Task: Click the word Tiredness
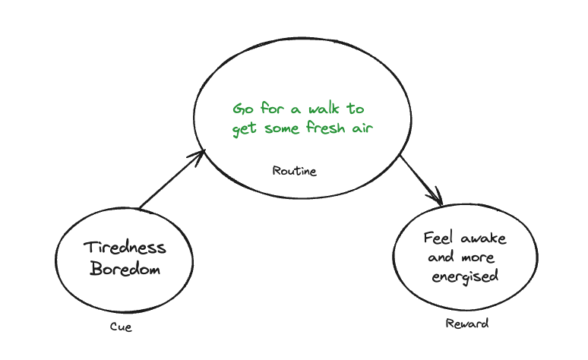[x=125, y=248]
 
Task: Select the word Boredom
[x=125, y=269]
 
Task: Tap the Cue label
[x=121, y=327]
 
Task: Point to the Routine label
[x=294, y=171]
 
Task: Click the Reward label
[x=466, y=324]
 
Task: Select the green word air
[x=362, y=128]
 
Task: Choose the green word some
[x=281, y=128]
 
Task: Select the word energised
[x=465, y=276]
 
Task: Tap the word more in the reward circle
[x=477, y=257]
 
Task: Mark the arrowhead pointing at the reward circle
[x=436, y=199]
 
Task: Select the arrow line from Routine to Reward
[x=418, y=178]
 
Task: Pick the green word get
[x=245, y=129]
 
